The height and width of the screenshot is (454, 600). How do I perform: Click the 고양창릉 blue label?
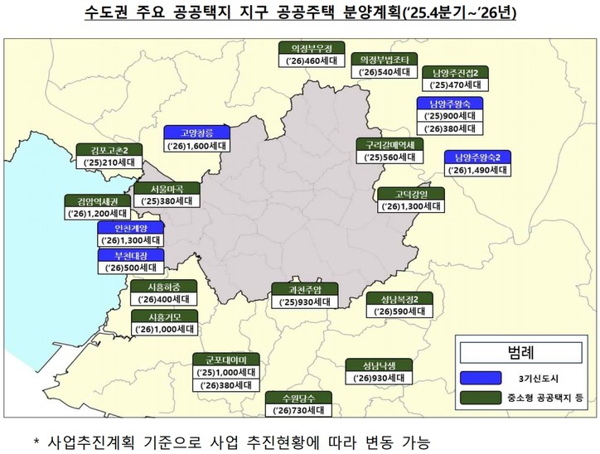point(197,133)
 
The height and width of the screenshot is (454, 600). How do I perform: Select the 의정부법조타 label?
point(381,60)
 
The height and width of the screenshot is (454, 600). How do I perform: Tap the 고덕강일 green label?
point(409,194)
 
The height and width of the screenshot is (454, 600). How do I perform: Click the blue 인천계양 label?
point(129,228)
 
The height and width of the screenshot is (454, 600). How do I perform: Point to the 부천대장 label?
point(129,255)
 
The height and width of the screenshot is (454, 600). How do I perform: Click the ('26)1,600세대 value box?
point(197,146)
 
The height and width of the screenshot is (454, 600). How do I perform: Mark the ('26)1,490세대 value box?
point(477,170)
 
